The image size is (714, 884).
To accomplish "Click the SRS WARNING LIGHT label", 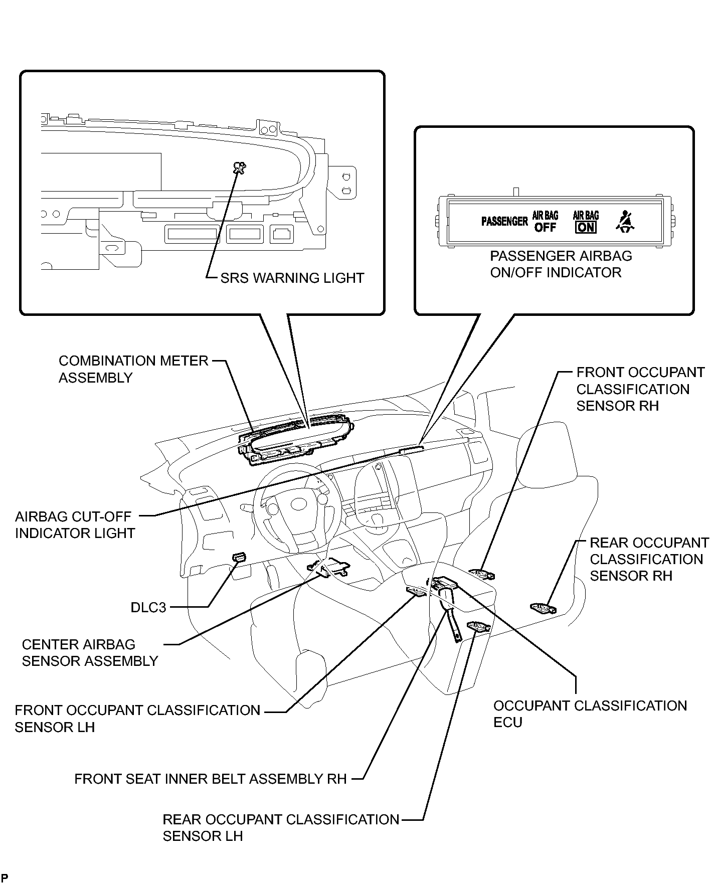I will point(292,278).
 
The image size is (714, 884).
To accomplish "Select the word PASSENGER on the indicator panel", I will point(504,221).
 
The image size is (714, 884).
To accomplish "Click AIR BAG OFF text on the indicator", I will point(545,222).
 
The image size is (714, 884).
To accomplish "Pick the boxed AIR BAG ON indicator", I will point(586,222).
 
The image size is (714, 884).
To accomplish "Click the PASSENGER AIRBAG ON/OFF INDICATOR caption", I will point(561,264).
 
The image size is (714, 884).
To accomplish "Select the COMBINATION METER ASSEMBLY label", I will point(133,369).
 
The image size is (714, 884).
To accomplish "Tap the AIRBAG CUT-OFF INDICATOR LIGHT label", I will point(75,524).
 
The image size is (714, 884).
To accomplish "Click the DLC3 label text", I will point(148,607).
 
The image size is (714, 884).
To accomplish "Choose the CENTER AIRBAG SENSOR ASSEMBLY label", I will point(90,652).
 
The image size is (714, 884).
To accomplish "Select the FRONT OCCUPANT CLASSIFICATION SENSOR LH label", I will point(137,719).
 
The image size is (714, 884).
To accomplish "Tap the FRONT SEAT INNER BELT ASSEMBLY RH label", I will point(211,779).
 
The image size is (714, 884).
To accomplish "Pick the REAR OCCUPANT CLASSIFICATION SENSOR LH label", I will point(281,827).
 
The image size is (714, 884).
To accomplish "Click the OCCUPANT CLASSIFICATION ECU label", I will point(590,714).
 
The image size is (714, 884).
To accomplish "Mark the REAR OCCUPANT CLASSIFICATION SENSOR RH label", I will point(649,559).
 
